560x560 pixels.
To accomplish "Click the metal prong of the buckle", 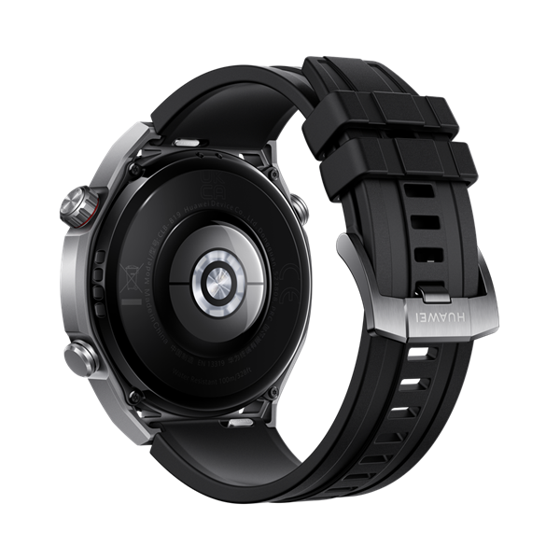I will (430, 297).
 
